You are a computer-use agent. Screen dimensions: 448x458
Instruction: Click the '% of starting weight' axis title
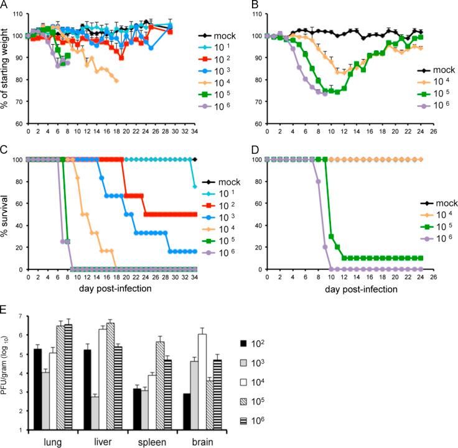pyautogui.click(x=7, y=69)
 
